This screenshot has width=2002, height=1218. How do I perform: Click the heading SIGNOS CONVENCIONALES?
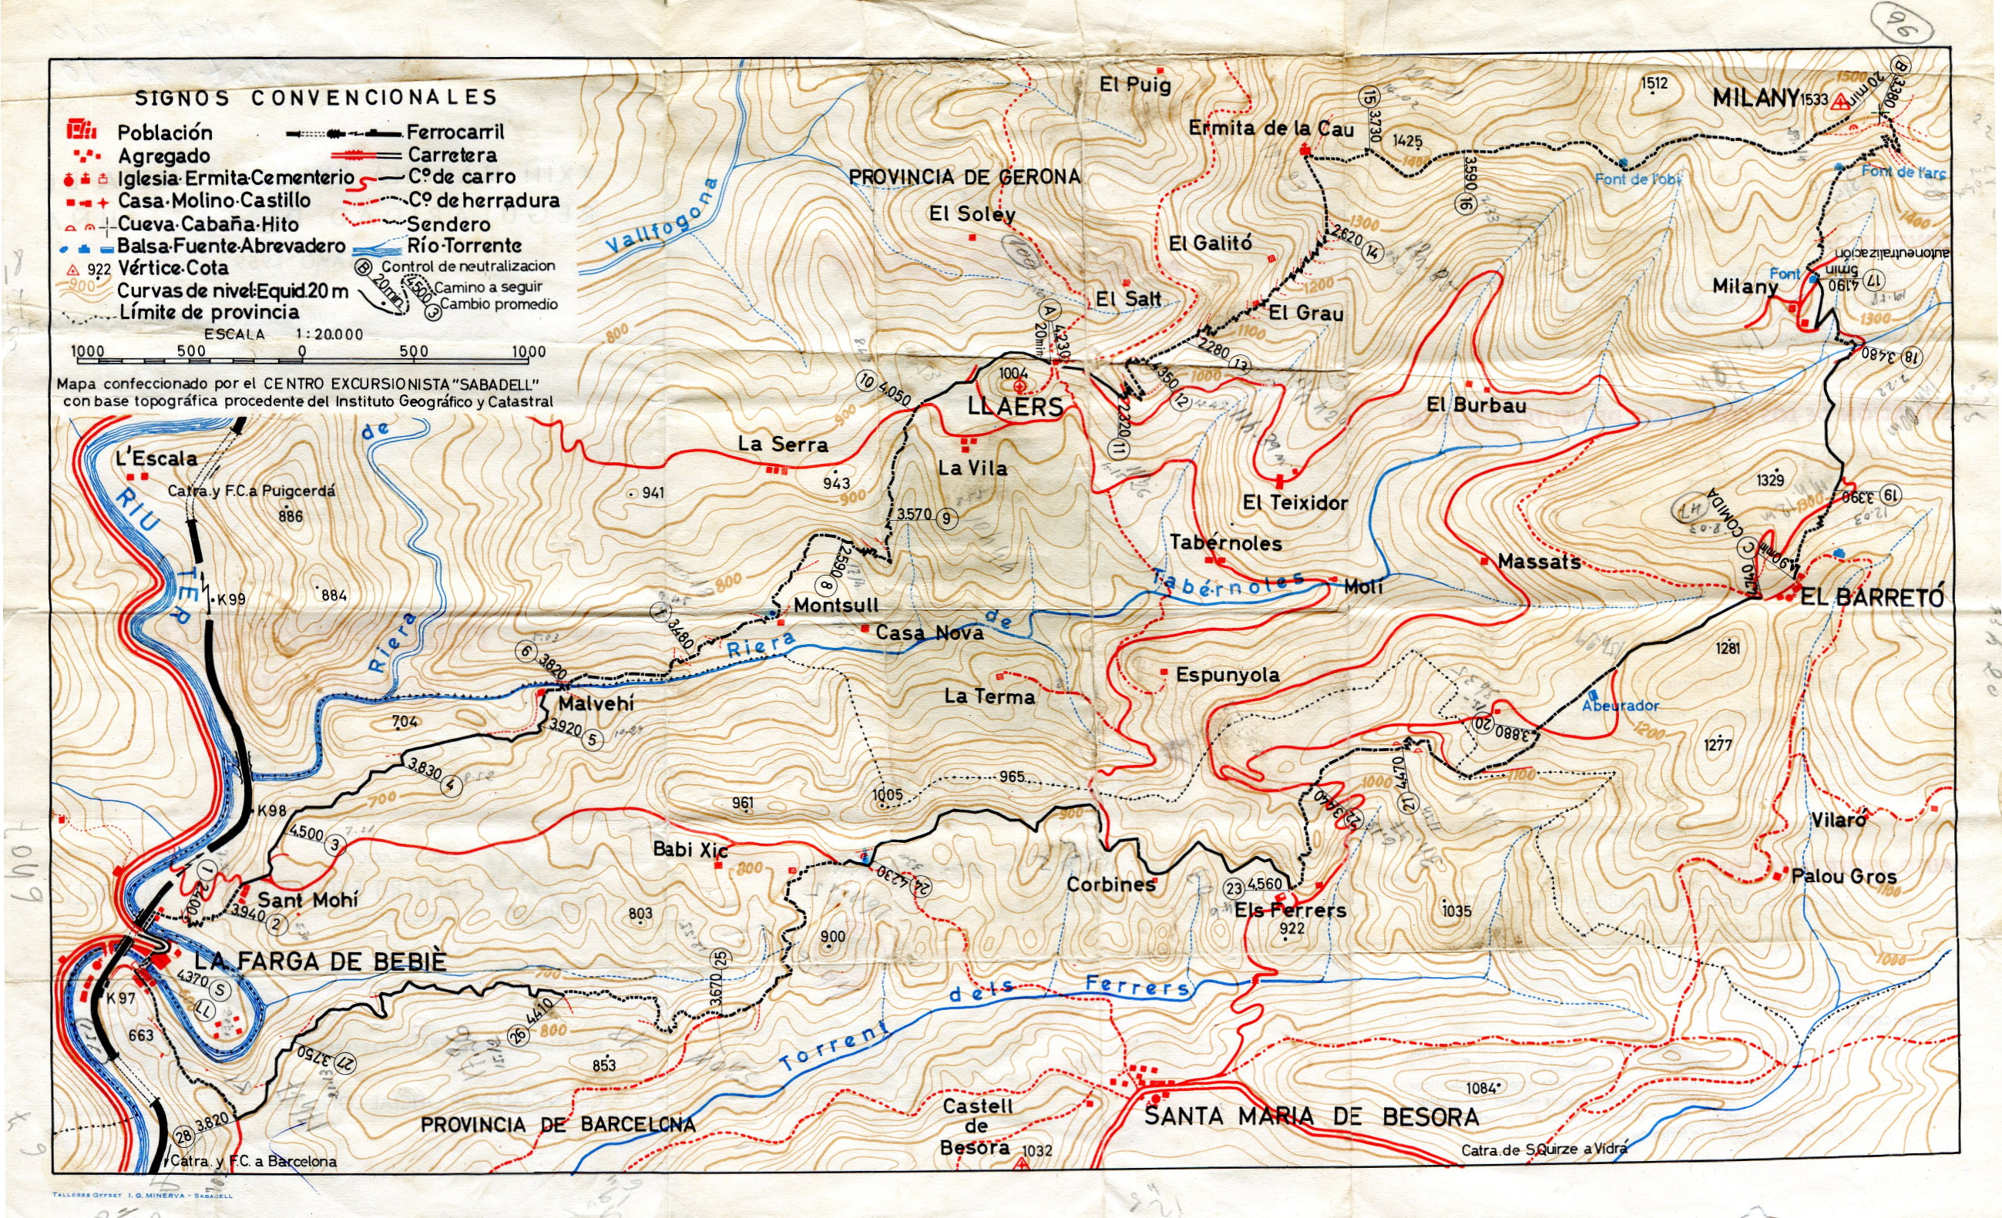(x=316, y=98)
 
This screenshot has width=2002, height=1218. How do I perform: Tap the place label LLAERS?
(x=1015, y=407)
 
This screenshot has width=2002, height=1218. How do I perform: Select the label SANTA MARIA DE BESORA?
(x=1311, y=1117)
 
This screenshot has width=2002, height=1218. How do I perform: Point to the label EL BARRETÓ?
(x=1872, y=598)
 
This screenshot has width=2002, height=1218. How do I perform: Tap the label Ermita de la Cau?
(x=1271, y=129)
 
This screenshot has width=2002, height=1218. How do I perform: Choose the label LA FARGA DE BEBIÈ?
(x=321, y=962)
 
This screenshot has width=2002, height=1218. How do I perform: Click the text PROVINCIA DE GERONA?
(x=965, y=176)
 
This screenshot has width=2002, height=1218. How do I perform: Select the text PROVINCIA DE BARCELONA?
(x=557, y=1125)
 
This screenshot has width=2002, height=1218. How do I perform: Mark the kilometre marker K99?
(x=230, y=599)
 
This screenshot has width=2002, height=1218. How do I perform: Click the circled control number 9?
(x=946, y=518)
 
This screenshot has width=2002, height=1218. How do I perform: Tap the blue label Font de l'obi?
(x=1638, y=179)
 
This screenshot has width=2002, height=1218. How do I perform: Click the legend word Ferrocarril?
(x=455, y=132)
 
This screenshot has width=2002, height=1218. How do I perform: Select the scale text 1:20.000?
(x=329, y=334)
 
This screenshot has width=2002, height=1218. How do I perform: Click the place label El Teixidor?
(x=1295, y=503)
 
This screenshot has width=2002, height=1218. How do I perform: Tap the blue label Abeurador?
(x=1619, y=705)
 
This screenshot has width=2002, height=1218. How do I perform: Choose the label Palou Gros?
(x=1844, y=876)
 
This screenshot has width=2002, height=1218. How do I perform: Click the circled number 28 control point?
(x=184, y=1137)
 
